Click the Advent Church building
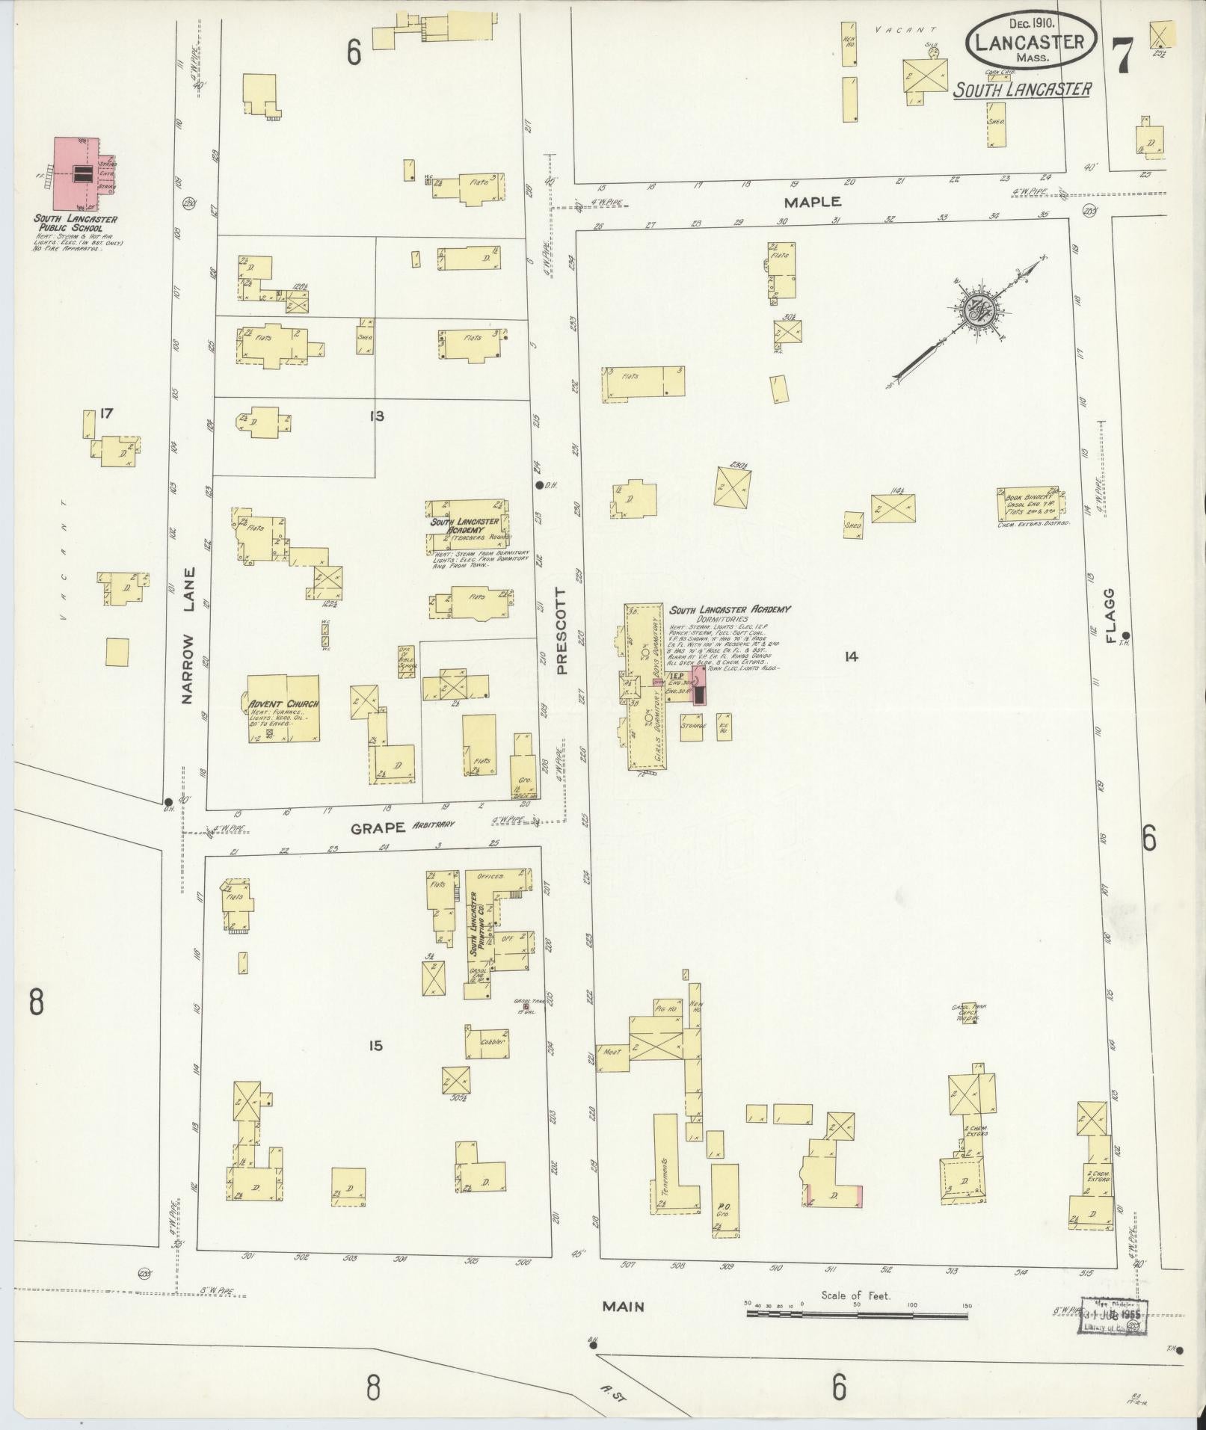283,709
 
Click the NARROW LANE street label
188,635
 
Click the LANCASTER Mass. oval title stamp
1032,43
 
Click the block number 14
850,657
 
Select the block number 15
375,1046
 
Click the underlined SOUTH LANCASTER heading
1022,90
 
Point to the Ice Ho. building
723,727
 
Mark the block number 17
106,413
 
